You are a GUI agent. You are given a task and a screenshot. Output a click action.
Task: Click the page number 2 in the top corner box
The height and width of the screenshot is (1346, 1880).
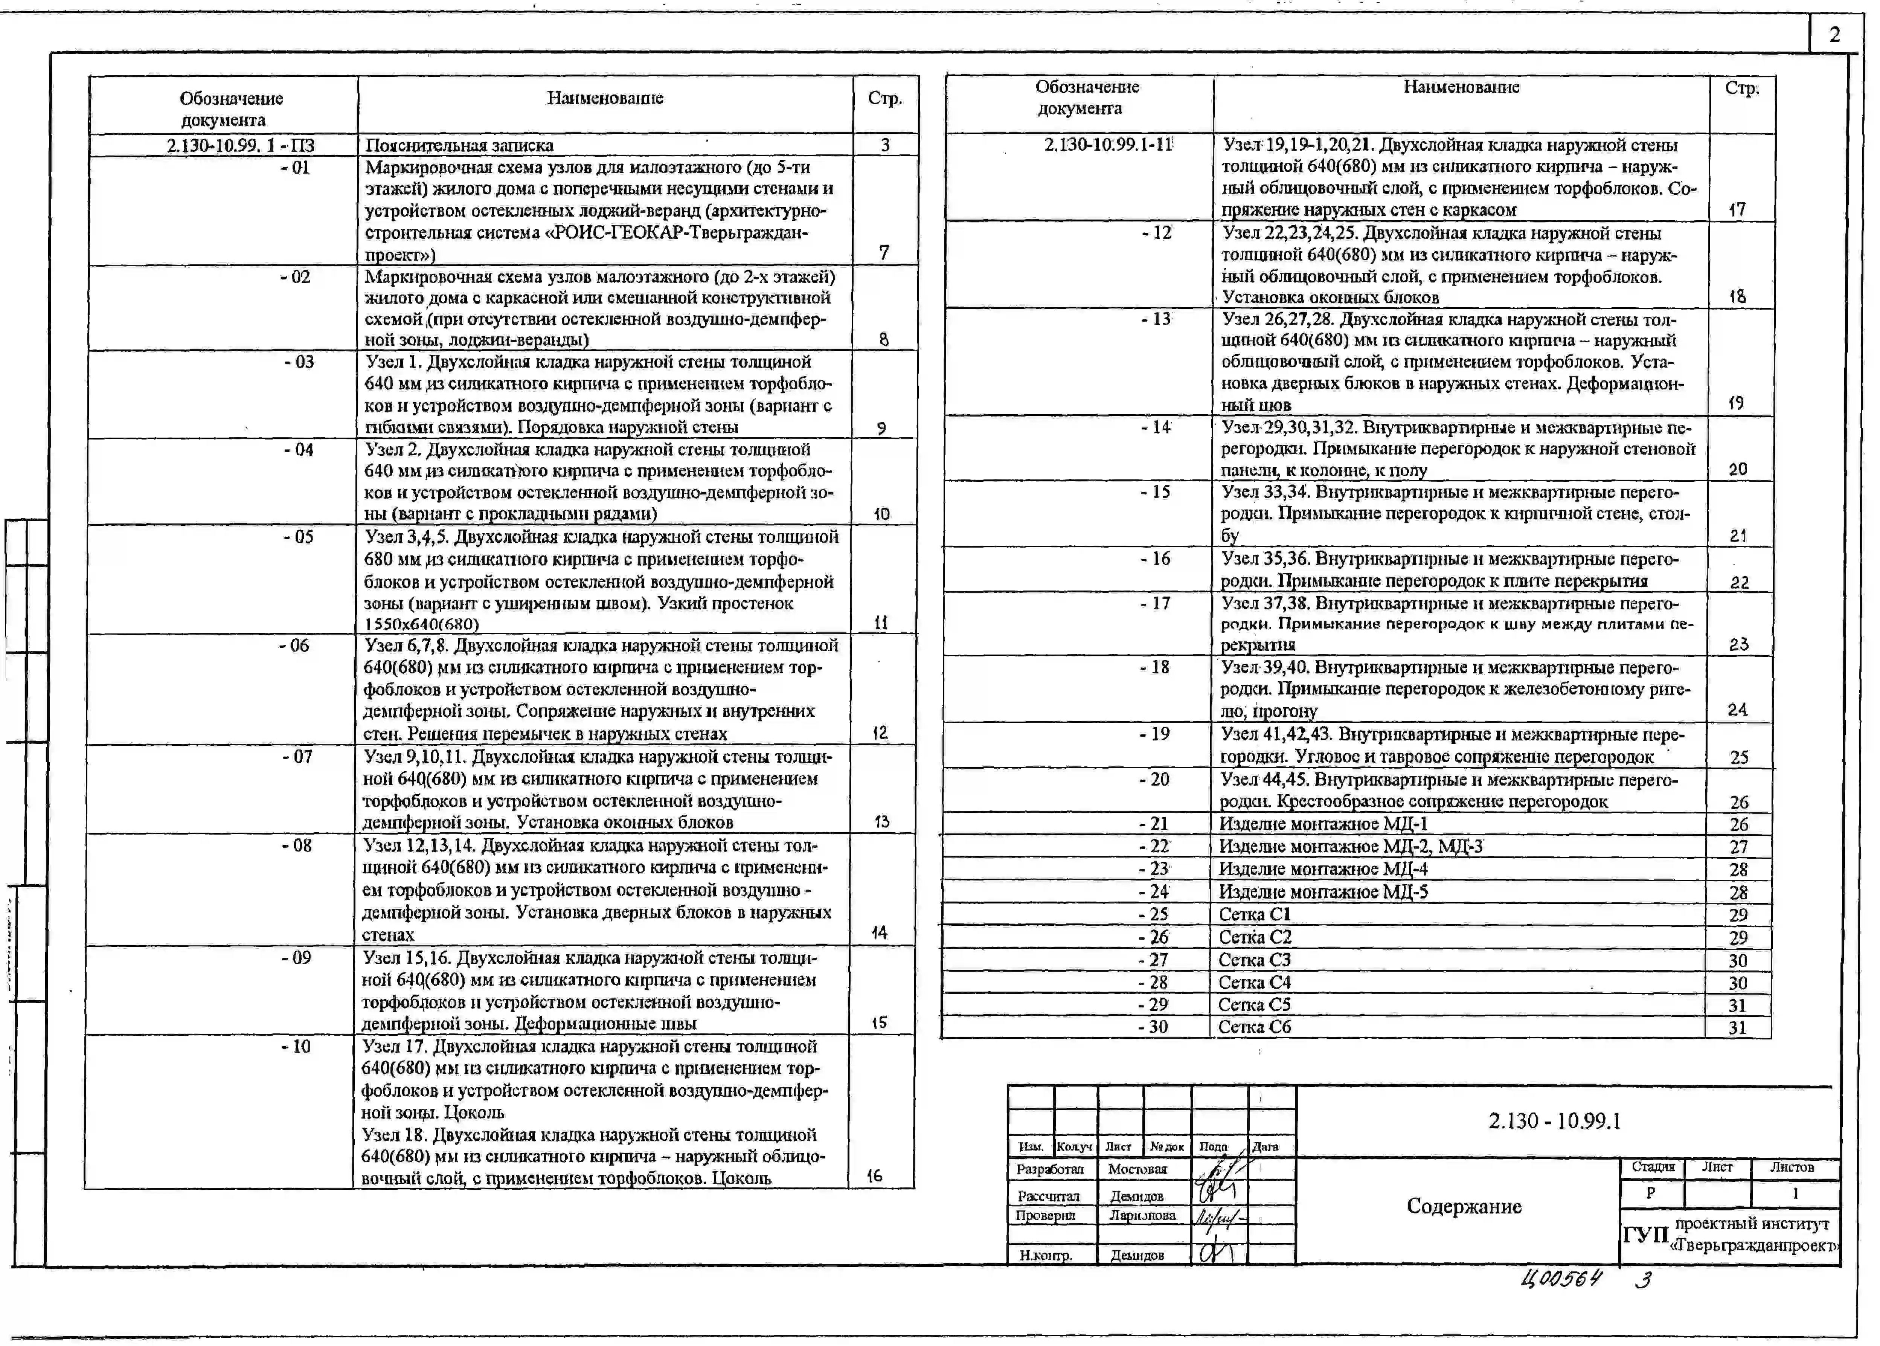point(1834,35)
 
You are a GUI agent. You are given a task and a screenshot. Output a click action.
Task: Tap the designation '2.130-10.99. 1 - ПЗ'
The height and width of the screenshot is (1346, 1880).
point(240,145)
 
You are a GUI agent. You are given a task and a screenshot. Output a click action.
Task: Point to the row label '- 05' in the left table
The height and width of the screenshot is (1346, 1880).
point(298,537)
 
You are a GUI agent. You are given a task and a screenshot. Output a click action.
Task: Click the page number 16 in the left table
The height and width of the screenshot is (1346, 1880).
point(874,1175)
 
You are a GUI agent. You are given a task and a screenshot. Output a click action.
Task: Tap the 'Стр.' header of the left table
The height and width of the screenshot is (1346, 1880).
point(885,99)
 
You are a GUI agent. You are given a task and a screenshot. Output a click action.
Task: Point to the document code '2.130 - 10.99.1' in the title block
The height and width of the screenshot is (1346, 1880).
point(1554,1122)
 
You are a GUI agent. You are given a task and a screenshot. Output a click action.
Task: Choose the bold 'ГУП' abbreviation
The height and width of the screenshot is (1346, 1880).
point(1645,1235)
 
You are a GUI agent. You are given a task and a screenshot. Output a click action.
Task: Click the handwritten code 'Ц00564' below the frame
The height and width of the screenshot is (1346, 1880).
point(1561,1279)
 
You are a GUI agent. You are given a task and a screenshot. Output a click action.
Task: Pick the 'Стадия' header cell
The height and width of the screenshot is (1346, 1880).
point(1653,1167)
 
